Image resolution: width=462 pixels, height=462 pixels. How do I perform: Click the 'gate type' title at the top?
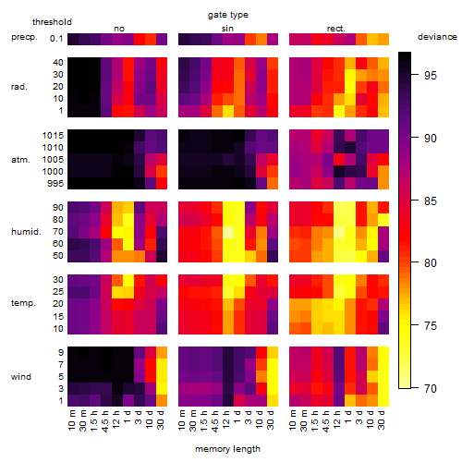(x=228, y=15)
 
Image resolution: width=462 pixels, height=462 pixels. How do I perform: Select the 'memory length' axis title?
(x=227, y=449)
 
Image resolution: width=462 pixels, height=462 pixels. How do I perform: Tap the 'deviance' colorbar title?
(x=437, y=37)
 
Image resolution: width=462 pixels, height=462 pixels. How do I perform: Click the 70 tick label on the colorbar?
(x=431, y=388)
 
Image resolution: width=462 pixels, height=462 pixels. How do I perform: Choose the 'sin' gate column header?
(x=227, y=29)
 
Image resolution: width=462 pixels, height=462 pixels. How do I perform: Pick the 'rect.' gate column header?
(x=336, y=29)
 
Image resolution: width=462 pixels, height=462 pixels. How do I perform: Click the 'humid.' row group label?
(x=26, y=232)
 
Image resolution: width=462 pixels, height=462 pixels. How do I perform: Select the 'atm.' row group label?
(x=20, y=160)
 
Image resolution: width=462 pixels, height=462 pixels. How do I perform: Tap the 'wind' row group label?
(x=21, y=377)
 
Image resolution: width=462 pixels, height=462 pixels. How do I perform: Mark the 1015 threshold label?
(x=53, y=136)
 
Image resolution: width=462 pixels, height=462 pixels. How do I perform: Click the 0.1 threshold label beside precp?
(x=56, y=39)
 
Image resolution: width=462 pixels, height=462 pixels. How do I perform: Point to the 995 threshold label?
(x=55, y=184)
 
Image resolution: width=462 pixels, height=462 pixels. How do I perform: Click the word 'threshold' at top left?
(x=52, y=22)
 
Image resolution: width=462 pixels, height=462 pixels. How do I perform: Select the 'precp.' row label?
(x=24, y=37)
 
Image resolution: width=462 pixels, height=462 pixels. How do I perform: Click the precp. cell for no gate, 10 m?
(x=73, y=39)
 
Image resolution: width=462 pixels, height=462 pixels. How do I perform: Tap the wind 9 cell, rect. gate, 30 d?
(x=383, y=353)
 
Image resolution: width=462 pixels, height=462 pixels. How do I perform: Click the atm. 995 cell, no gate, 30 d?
(x=162, y=184)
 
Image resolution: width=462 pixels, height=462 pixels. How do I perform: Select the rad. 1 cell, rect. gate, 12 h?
(x=339, y=111)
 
